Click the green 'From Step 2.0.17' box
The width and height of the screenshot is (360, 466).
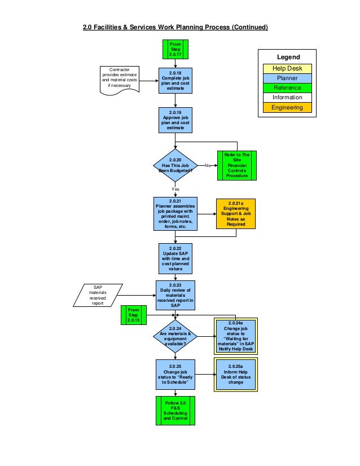(x=175, y=49)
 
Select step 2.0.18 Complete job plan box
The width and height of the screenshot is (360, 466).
(x=175, y=83)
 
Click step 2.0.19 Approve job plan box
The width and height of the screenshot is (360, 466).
(x=175, y=120)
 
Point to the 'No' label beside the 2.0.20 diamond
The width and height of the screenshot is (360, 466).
(x=207, y=166)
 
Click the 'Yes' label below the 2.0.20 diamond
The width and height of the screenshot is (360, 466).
(x=175, y=189)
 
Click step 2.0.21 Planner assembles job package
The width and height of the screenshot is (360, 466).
(x=175, y=214)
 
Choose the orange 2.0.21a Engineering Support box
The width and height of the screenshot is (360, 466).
(x=236, y=214)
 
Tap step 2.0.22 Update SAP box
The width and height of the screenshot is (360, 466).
(x=175, y=258)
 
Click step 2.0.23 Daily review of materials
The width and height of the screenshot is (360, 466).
(x=175, y=295)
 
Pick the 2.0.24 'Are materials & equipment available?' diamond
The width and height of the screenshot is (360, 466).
(x=175, y=336)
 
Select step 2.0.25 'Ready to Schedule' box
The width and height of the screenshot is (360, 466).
(x=175, y=373)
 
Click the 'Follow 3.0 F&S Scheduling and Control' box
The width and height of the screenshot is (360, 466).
(x=175, y=411)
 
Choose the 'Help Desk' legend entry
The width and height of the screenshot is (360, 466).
(x=287, y=68)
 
